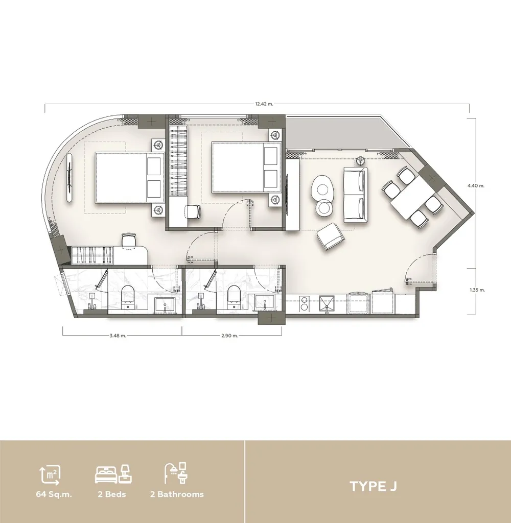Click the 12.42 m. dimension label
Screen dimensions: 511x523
pyautogui.click(x=264, y=104)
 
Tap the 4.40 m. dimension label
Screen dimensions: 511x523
pyautogui.click(x=476, y=185)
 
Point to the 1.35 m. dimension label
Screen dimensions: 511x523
pyautogui.click(x=477, y=290)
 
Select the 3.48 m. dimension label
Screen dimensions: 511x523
pyautogui.click(x=118, y=336)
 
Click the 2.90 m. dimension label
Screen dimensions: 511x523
pyautogui.click(x=229, y=336)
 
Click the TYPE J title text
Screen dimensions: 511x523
pyautogui.click(x=373, y=486)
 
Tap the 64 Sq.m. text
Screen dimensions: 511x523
pyautogui.click(x=54, y=494)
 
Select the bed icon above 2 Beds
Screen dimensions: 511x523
pyautogui.click(x=113, y=474)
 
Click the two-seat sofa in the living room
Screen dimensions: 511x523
pyautogui.click(x=356, y=195)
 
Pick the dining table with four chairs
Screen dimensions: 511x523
pyautogui.click(x=413, y=197)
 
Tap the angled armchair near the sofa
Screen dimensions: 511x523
pyautogui.click(x=331, y=236)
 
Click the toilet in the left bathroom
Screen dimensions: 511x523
pyautogui.click(x=128, y=297)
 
